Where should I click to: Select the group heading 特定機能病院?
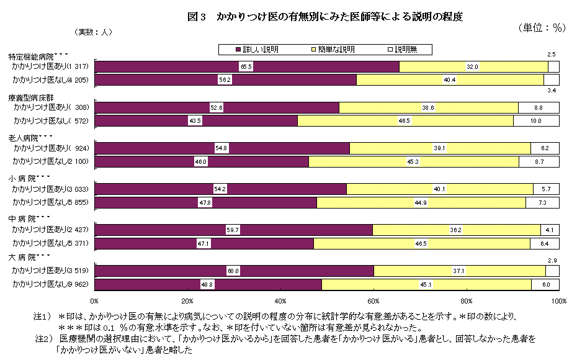(31, 56)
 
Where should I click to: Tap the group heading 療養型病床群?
(31, 97)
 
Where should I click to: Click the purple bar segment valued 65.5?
(247, 66)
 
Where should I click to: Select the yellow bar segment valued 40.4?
(450, 79)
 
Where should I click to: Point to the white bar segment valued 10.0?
(537, 120)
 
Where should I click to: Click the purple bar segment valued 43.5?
(195, 120)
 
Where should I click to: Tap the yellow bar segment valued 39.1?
(440, 148)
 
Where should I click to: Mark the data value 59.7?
(233, 230)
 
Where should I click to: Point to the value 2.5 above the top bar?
(551, 55)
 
